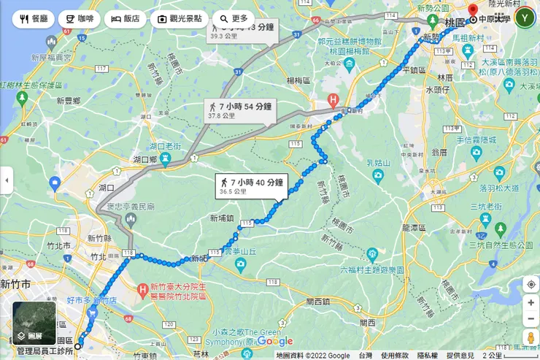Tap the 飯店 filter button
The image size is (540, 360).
(x=126, y=18)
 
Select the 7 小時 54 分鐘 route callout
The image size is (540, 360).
(x=239, y=110)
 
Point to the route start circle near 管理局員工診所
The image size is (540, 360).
(x=78, y=345)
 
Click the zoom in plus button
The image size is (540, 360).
(x=531, y=302)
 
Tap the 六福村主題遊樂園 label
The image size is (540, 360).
(x=372, y=269)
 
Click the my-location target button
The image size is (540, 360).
(x=531, y=283)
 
